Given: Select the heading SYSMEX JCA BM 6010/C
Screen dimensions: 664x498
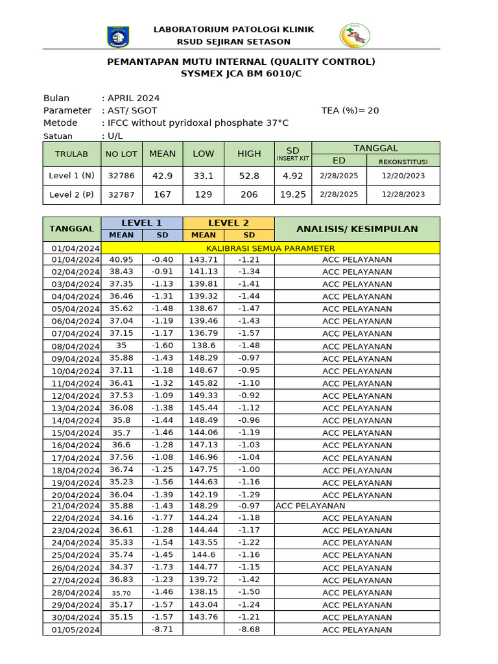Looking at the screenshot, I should click(241, 74).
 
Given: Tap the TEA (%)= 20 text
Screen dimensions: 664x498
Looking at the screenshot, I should click(350, 110).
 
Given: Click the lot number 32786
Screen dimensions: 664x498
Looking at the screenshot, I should click(121, 176).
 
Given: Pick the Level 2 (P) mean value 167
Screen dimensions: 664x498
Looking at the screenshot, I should click(162, 195).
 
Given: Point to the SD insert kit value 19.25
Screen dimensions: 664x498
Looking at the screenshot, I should click(293, 195).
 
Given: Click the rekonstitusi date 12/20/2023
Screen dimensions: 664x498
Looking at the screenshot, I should click(403, 176).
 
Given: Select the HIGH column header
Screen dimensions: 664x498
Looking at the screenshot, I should click(249, 154).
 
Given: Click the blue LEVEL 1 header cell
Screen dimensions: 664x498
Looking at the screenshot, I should click(142, 223).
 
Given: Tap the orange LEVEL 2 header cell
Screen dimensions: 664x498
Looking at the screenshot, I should click(228, 223).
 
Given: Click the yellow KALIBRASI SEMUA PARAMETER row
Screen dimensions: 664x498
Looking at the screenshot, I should click(270, 248).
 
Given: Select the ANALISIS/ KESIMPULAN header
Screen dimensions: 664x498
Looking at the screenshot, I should click(357, 229).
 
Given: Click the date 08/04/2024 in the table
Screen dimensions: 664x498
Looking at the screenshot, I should click(72, 346).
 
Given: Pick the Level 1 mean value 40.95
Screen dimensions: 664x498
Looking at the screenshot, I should click(121, 259).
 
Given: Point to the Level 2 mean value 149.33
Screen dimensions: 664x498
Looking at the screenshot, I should click(204, 396).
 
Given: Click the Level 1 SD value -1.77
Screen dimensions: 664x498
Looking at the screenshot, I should click(162, 518).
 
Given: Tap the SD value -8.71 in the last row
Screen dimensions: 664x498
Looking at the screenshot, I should click(162, 630).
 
